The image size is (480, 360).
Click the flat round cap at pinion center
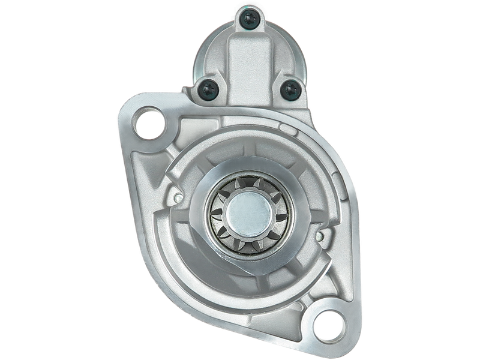[248, 211]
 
